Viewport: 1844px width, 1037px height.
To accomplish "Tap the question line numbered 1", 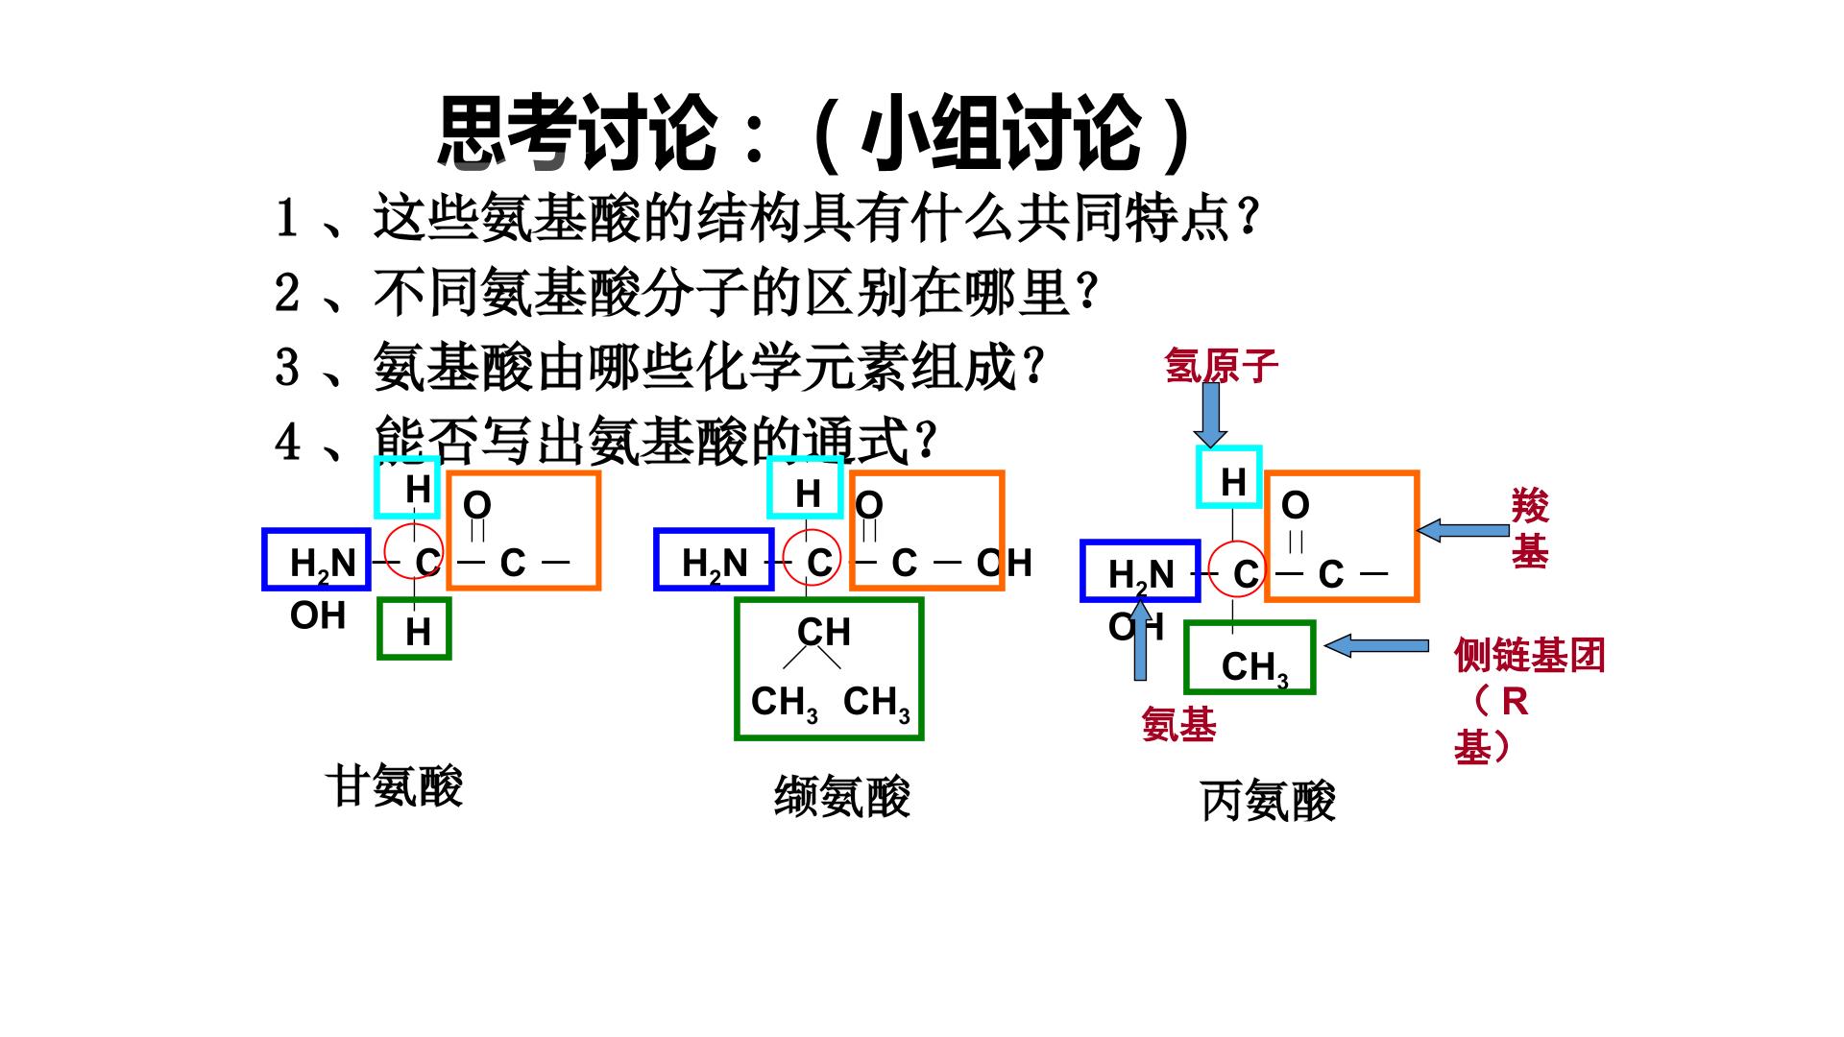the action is click(x=766, y=218).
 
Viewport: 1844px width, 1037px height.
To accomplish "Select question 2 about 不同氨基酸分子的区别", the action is click(x=686, y=292).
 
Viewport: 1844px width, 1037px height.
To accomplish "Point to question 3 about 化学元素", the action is click(x=659, y=366).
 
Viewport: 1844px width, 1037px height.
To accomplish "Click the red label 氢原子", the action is click(x=1222, y=366).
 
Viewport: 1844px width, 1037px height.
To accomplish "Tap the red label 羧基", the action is click(x=1530, y=528).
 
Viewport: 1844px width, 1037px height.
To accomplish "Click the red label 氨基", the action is click(x=1178, y=724).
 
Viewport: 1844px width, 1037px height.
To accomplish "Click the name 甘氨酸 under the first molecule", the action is click(x=395, y=786).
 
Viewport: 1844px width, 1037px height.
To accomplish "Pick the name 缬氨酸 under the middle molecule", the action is click(x=842, y=796).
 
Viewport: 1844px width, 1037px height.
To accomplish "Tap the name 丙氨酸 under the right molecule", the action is click(x=1268, y=801).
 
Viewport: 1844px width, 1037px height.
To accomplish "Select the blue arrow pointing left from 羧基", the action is click(x=1463, y=530).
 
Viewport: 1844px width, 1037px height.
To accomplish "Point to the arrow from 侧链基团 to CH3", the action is click(x=1376, y=646).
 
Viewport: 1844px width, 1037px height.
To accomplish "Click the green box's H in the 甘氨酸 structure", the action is click(x=418, y=632).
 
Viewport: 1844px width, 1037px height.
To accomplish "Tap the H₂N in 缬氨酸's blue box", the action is click(x=715, y=565).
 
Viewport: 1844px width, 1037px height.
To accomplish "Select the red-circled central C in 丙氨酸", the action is click(x=1246, y=574).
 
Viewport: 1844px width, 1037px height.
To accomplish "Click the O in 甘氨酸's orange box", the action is click(x=477, y=505).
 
